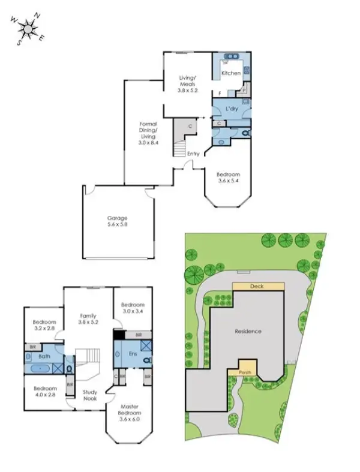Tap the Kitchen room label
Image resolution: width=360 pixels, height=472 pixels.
pos(231,73)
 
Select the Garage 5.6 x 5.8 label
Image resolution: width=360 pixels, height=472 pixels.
pos(118,221)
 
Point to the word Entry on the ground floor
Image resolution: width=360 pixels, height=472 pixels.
pos(193,154)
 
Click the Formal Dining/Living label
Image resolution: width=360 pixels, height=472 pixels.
pos(148,134)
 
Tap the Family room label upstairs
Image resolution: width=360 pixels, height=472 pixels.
pos(88,318)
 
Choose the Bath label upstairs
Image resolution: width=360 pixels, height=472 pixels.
pos(44,356)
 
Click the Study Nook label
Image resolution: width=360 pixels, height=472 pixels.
pos(90,395)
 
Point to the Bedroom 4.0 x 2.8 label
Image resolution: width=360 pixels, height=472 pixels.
pos(45,390)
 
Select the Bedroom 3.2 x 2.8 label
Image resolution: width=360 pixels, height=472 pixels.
pos(44,324)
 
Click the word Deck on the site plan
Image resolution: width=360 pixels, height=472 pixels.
pos(257,287)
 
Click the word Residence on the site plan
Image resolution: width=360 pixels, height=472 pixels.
pos(248,331)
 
